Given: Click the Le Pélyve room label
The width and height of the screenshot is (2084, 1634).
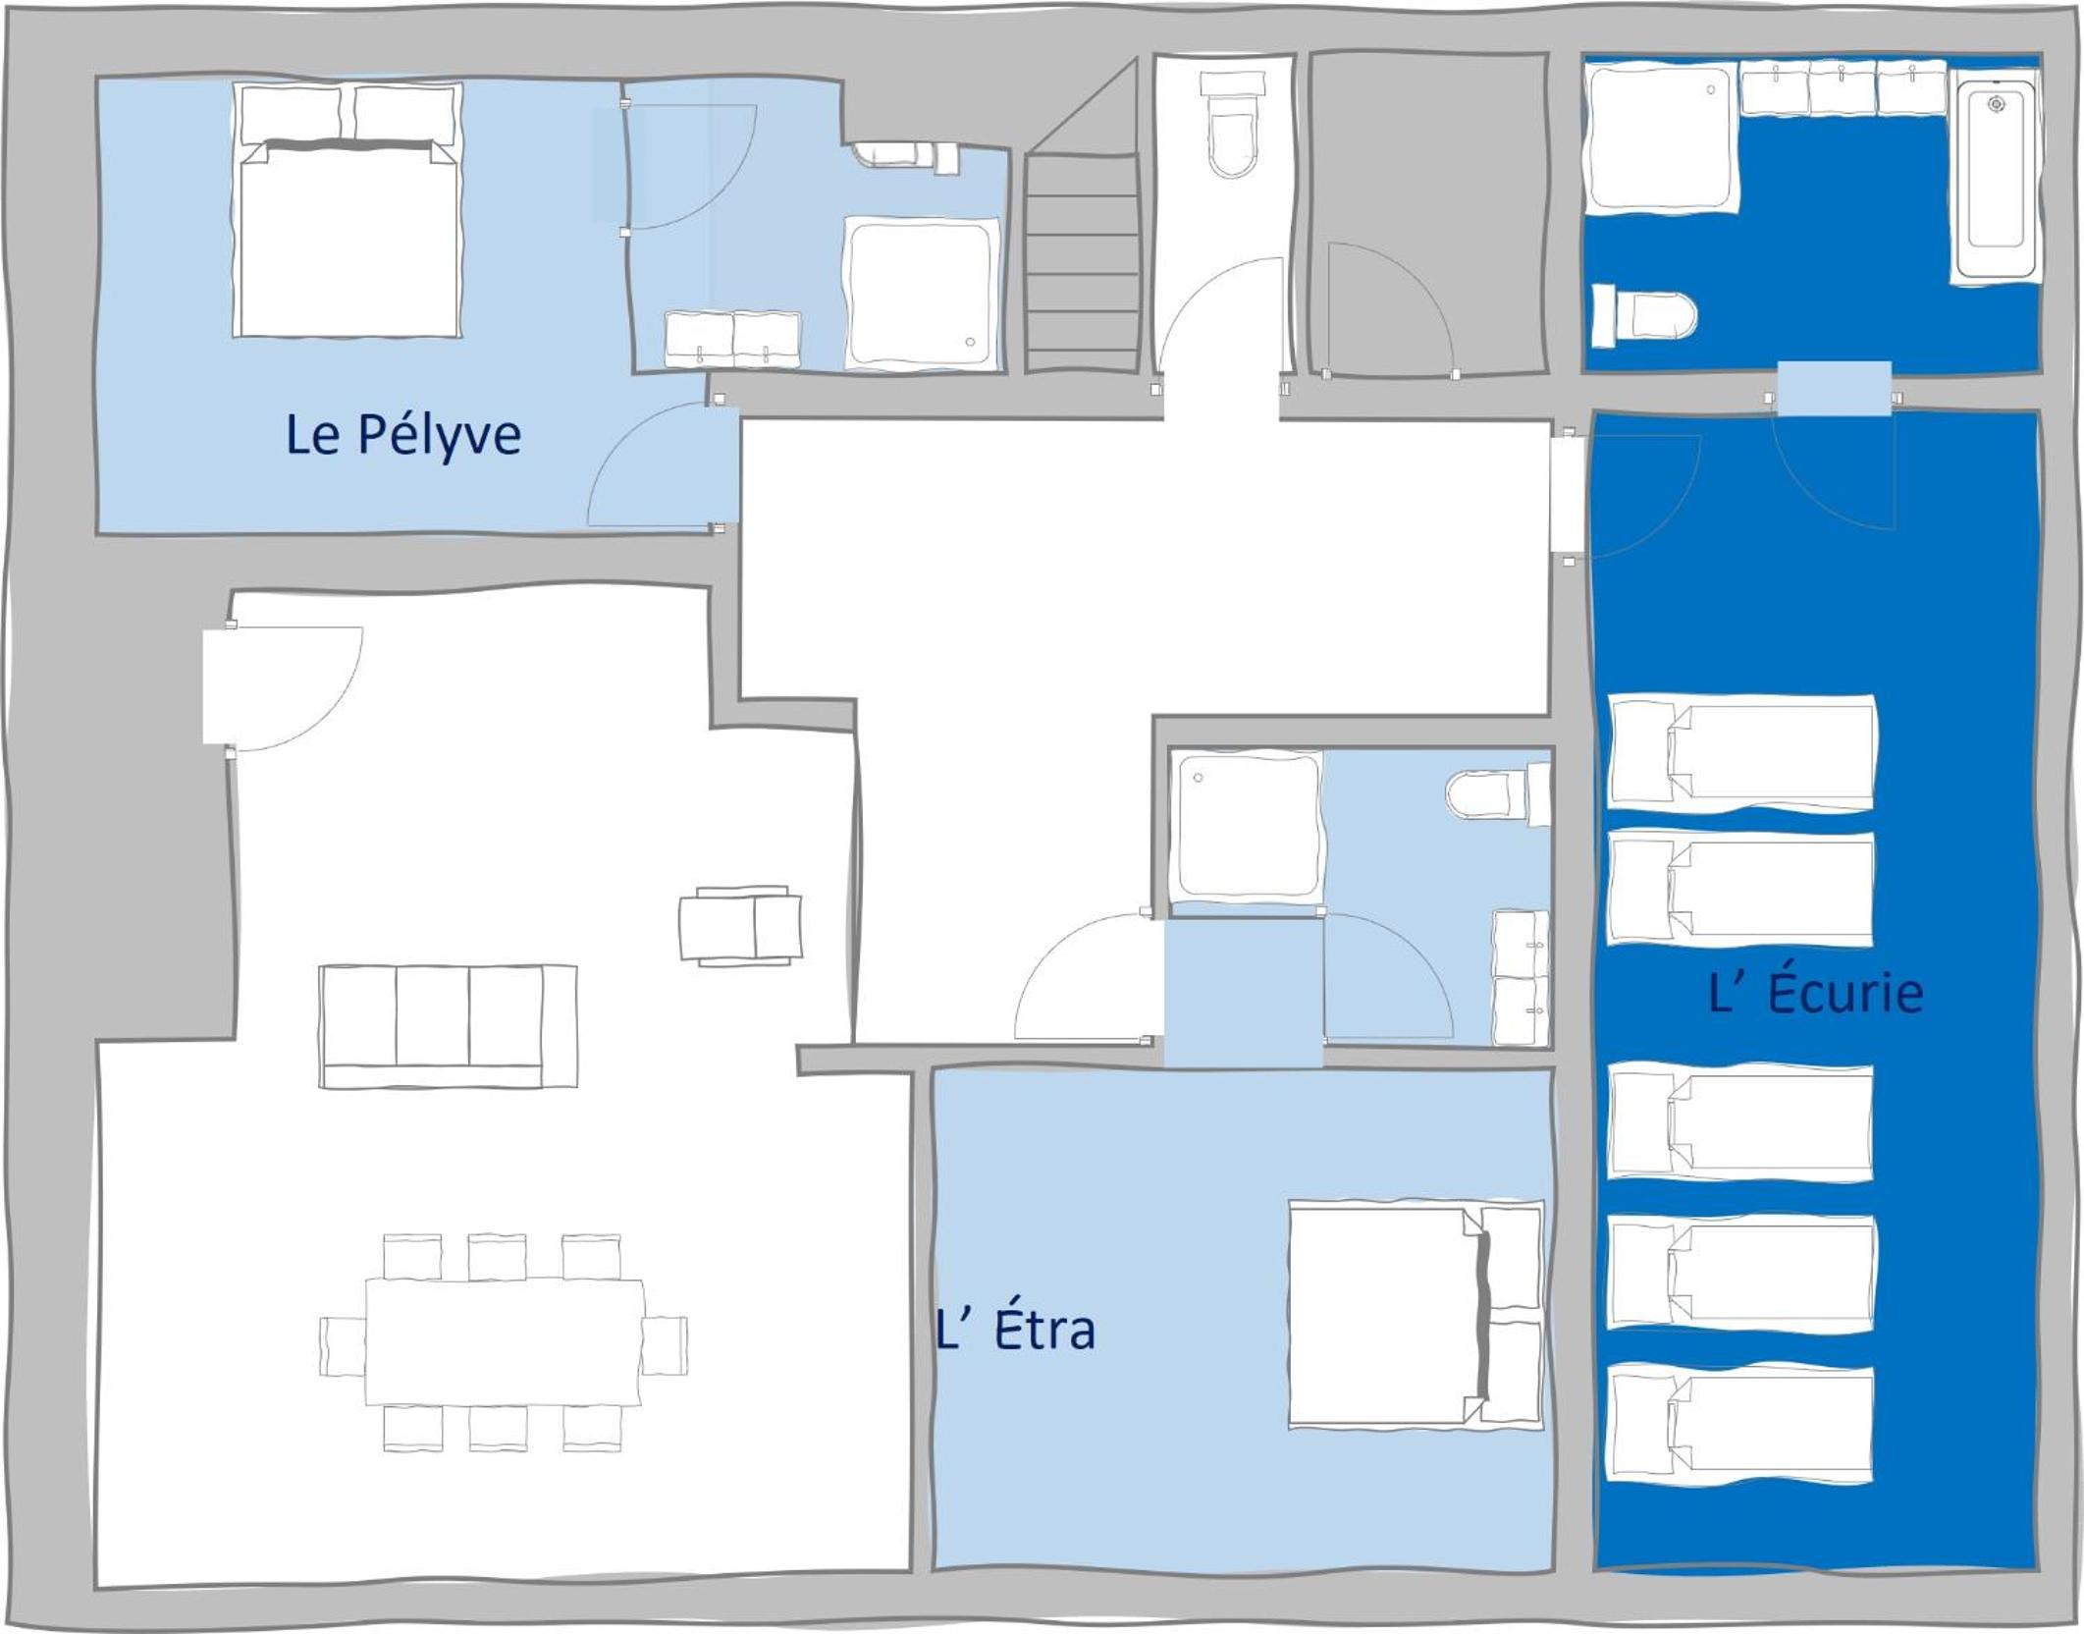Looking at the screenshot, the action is click(x=402, y=435).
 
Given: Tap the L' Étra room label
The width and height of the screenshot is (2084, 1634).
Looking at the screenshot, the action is click(x=1015, y=1330).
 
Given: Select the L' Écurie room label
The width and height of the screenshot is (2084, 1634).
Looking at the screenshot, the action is click(x=1815, y=992).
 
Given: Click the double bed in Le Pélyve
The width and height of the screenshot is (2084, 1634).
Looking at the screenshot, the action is click(x=347, y=210).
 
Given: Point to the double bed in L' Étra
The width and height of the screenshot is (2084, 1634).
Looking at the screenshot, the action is click(x=1416, y=1315).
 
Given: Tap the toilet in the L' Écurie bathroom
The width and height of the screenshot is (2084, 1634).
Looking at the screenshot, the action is click(x=1643, y=315).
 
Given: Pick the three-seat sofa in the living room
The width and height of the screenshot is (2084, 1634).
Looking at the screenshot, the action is click(x=448, y=1026).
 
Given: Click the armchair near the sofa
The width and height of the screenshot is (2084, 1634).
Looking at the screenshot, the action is click(x=741, y=926).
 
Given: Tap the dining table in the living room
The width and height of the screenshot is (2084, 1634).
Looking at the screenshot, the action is click(x=505, y=1342).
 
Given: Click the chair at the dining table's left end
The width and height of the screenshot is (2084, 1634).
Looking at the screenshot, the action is click(x=343, y=1346).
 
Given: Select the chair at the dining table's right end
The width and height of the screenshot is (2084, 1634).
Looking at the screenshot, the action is click(x=665, y=1345).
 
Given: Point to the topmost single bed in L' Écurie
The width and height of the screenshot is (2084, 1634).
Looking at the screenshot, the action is click(x=1741, y=753).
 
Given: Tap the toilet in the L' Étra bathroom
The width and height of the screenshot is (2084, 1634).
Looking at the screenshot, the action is click(x=1498, y=794).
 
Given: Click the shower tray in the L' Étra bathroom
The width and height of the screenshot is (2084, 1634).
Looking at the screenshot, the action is click(x=1249, y=825).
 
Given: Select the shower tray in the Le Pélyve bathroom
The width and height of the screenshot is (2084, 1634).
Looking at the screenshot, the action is click(x=921, y=293).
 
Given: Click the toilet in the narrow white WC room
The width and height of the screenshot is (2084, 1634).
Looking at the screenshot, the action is click(x=1232, y=125).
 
